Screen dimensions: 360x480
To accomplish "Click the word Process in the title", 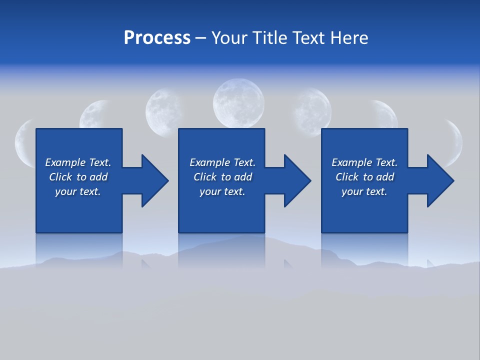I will [157, 38].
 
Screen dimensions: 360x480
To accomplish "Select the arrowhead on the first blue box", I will [152, 180].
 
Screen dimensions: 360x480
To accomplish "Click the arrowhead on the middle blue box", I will [295, 180].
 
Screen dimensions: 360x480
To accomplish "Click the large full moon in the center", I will [238, 104].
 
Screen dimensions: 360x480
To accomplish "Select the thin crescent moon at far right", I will [456, 142].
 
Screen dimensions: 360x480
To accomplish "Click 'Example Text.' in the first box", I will [78, 162].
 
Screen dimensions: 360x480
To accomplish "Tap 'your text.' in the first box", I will [78, 191].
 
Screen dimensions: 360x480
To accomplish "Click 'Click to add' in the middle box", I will [222, 177].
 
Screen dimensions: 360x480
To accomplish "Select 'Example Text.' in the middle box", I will [222, 162].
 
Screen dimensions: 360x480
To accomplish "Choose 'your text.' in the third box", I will [364, 191].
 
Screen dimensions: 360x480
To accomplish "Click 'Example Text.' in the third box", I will [364, 162].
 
